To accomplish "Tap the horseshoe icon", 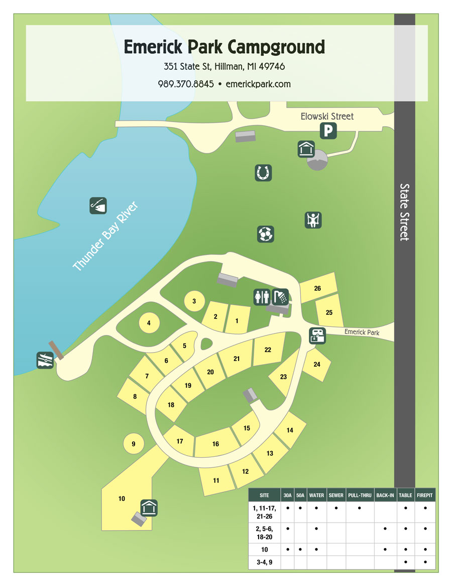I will pos(263,173).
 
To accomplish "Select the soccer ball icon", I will pos(266,234).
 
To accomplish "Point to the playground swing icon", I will pos(313,220).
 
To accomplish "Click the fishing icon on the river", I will pos(98,205).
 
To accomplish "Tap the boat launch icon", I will pos(45,360).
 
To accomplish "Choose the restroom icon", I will pos(262,297).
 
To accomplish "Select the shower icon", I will pos(280,297).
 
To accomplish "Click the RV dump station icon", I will pos(318,336).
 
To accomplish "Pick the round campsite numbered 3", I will pos(194,301).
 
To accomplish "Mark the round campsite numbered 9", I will pos(133,443).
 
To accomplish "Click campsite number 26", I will pos(317,288).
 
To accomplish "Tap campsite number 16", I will pos(216,444).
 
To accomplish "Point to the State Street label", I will pos(405,212).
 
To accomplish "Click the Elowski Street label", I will pos(327,116).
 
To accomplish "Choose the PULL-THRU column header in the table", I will pos(360,495).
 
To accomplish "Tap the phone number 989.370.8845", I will pos(186,84).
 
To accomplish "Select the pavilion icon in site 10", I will pos(149,508).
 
